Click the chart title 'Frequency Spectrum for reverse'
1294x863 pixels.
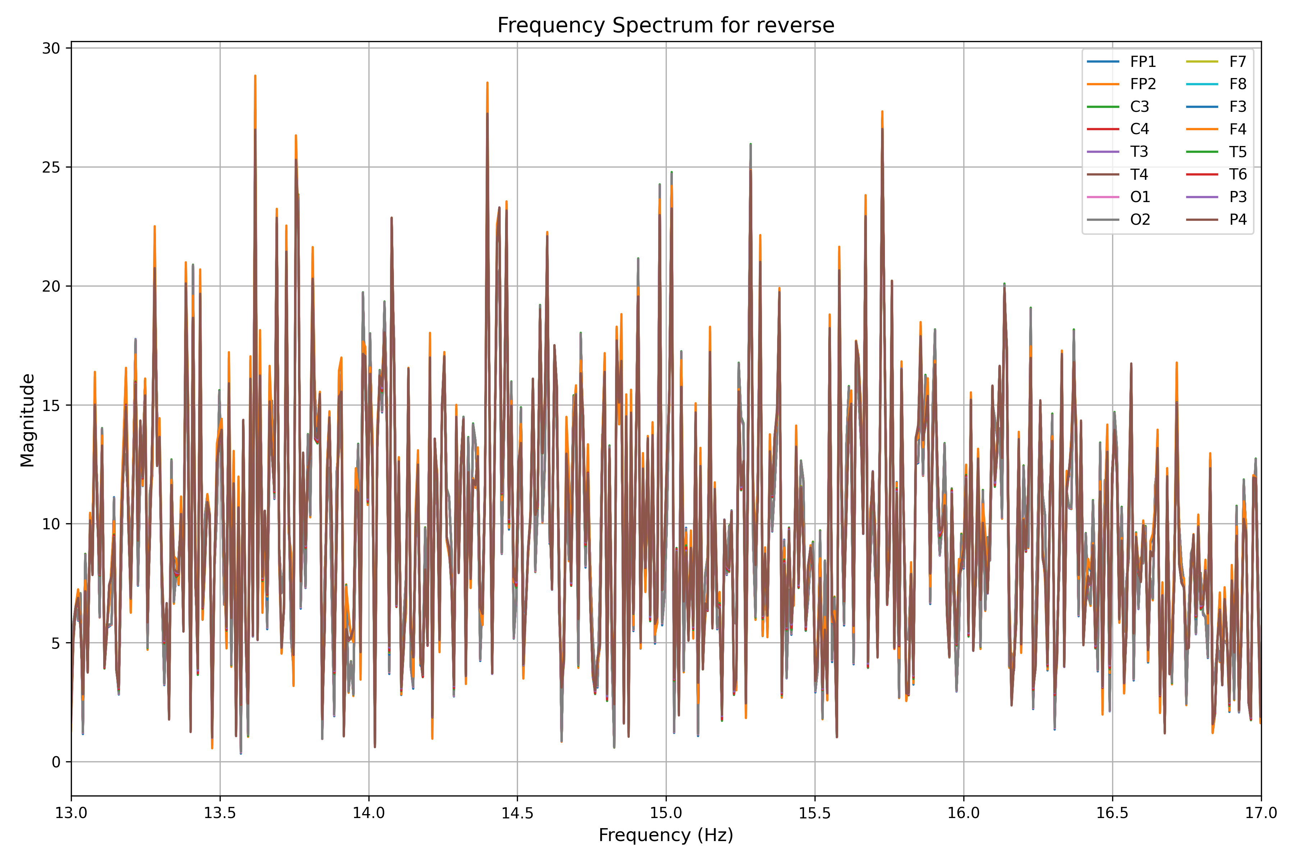[x=666, y=25]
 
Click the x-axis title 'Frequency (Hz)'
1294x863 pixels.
[x=666, y=835]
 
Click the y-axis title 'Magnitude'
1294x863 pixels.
[x=28, y=420]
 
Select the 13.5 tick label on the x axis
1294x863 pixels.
[x=220, y=813]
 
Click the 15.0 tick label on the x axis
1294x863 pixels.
[x=666, y=813]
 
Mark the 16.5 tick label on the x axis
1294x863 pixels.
[x=1112, y=813]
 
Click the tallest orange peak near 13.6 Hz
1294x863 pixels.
[x=255, y=76]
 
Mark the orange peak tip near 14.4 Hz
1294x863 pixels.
[x=487, y=83]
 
